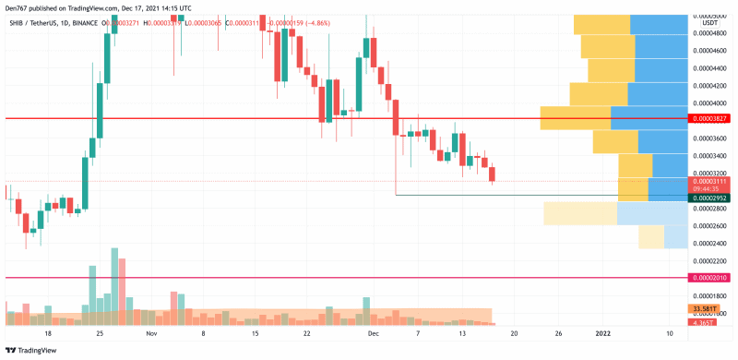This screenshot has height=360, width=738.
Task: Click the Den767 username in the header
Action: pyautogui.click(x=18, y=6)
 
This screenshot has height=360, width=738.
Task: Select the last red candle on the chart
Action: pyautogui.click(x=492, y=174)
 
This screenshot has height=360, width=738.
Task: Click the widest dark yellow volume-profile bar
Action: pyautogui.click(x=575, y=118)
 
